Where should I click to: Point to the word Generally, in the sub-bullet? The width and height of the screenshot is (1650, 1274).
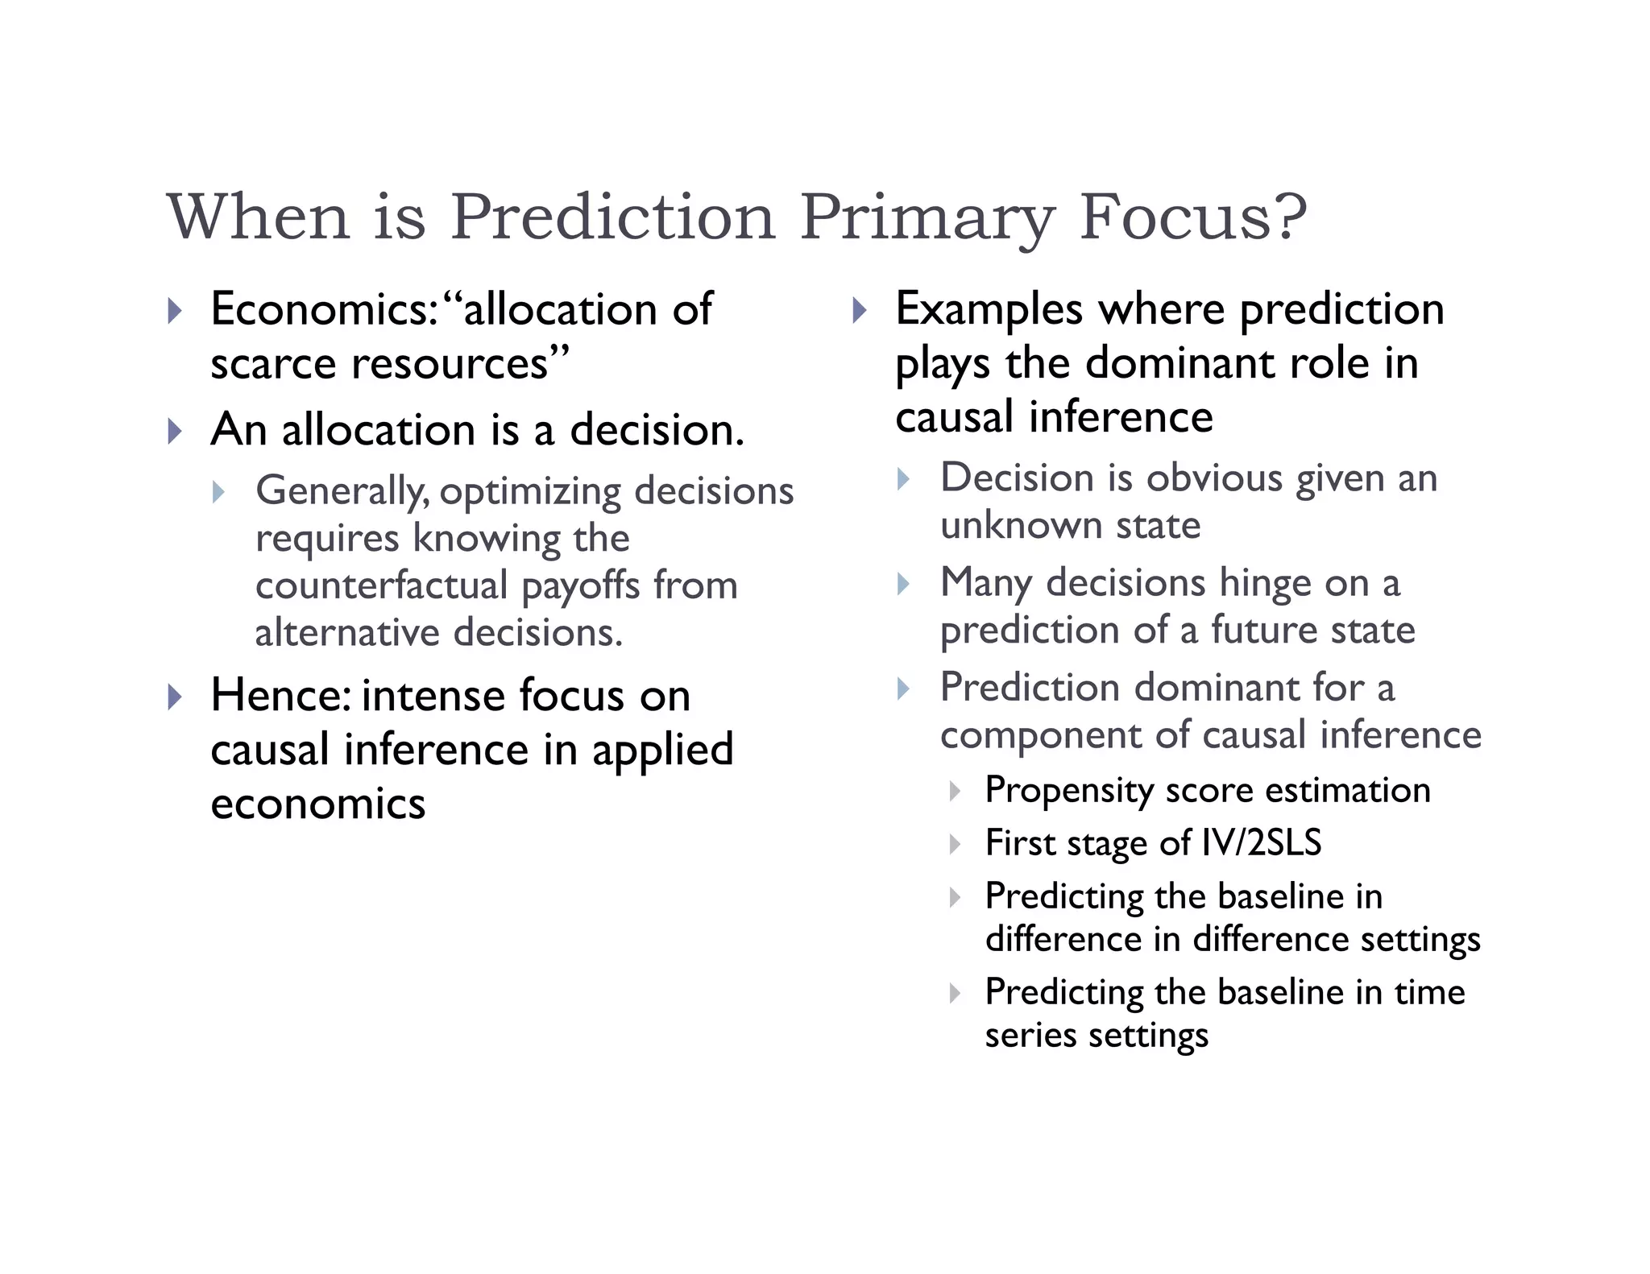pyautogui.click(x=342, y=491)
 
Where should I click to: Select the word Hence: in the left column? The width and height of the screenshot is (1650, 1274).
pyautogui.click(x=280, y=695)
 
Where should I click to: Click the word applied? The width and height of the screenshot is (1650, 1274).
pyautogui.click(x=663, y=750)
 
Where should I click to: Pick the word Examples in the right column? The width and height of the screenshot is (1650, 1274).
pyautogui.click(x=989, y=309)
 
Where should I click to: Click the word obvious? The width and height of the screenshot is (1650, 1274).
pyautogui.click(x=1213, y=478)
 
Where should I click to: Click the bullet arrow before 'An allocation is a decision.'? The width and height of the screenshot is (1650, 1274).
pyautogui.click(x=175, y=431)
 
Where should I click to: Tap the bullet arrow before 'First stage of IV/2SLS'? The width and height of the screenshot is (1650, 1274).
pyautogui.click(x=955, y=844)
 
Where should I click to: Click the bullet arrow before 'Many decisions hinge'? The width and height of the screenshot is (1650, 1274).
pyautogui.click(x=903, y=584)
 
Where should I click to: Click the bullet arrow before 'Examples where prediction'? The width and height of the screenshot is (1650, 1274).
pyautogui.click(x=859, y=310)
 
